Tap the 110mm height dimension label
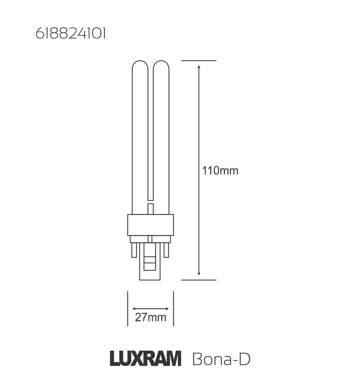[x=220, y=171]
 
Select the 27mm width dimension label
[x=151, y=318]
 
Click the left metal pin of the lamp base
[x=134, y=249]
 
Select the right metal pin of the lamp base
[x=166, y=249]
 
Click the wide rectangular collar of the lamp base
[x=150, y=225]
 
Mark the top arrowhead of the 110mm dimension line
[x=199, y=67]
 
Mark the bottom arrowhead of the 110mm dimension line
[x=199, y=274]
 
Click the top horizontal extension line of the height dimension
[x=198, y=61]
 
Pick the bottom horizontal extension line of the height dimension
[x=198, y=280]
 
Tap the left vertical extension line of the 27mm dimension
[x=128, y=308]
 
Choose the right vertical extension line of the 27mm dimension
[x=173, y=308]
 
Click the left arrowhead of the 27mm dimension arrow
[x=134, y=309]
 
